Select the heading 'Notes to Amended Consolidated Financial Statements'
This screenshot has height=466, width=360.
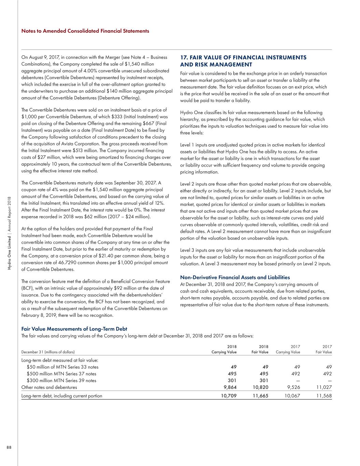pos(85,31)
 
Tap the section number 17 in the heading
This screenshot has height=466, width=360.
pos(184,58)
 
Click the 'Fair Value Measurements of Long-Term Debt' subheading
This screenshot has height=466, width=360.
pos(74,329)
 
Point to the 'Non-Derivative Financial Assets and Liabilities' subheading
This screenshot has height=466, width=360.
pos(235,278)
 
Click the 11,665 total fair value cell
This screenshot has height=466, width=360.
pos(260,396)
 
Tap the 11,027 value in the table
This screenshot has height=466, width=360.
pos(324,387)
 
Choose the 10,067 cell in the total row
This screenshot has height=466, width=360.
pos(292,396)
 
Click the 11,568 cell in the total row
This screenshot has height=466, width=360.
pos(324,396)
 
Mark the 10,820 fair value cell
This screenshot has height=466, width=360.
pos(260,387)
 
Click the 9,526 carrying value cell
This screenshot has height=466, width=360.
pos(293,387)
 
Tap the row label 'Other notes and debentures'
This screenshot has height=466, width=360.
pos(49,387)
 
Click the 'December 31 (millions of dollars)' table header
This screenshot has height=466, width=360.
pos(48,352)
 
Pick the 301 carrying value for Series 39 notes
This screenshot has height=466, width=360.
pos(232,380)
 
